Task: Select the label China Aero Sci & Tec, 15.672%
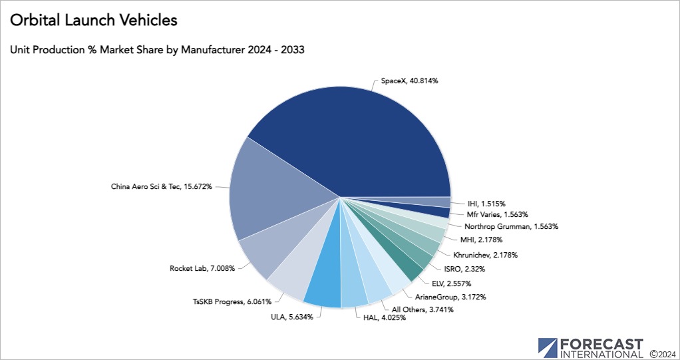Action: click(x=161, y=186)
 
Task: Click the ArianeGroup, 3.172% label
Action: click(x=450, y=296)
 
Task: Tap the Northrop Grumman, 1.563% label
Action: click(x=511, y=226)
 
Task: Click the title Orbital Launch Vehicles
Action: click(x=94, y=21)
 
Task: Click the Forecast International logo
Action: click(x=590, y=347)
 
